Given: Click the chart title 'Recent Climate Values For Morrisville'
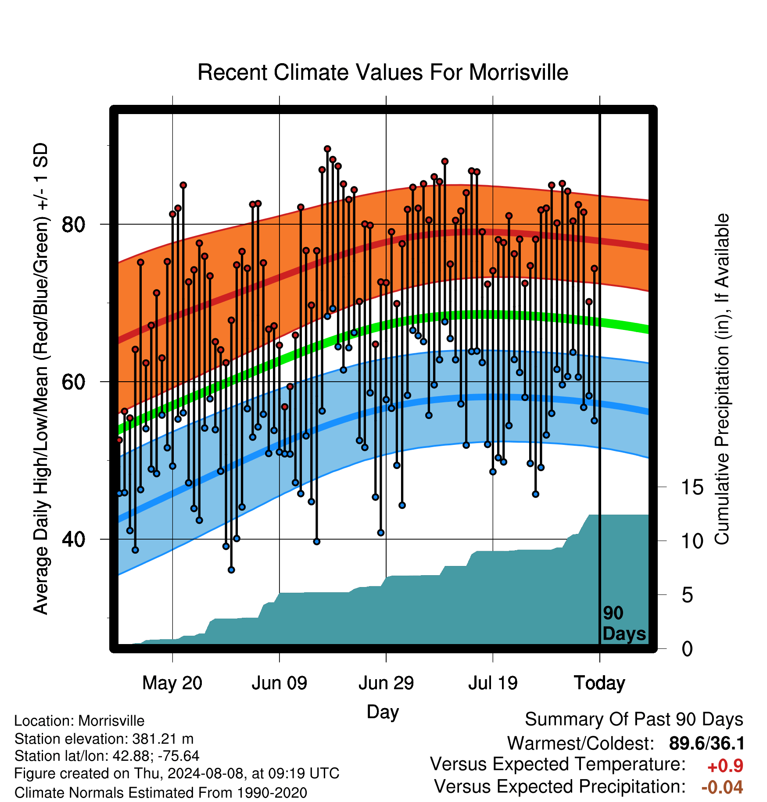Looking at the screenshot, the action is (x=383, y=72).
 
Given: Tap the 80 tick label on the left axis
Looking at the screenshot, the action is (x=73, y=225).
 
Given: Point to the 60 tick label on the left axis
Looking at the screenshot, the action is (x=73, y=382).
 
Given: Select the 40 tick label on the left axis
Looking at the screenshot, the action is (x=73, y=539).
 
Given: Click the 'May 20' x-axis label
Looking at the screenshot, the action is (x=172, y=683).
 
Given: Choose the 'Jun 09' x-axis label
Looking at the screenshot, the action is (x=280, y=683).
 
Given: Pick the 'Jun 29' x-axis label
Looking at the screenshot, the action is (x=386, y=683).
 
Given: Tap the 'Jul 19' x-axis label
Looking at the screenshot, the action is (x=493, y=683).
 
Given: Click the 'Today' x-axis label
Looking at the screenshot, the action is (x=599, y=683).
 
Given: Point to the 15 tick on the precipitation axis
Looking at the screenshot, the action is (x=692, y=487).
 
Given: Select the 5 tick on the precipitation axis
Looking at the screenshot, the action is (x=687, y=595).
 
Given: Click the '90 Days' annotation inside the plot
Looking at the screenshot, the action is (x=624, y=623).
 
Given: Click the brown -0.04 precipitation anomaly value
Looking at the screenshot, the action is (x=722, y=788).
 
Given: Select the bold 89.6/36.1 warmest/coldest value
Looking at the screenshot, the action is (x=707, y=744).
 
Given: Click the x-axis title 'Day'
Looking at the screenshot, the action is (x=383, y=712).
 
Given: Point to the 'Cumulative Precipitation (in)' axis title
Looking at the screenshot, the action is (x=722, y=380).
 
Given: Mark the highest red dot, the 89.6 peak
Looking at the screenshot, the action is (x=327, y=149).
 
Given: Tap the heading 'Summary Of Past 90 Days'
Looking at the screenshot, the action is (x=634, y=720).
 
